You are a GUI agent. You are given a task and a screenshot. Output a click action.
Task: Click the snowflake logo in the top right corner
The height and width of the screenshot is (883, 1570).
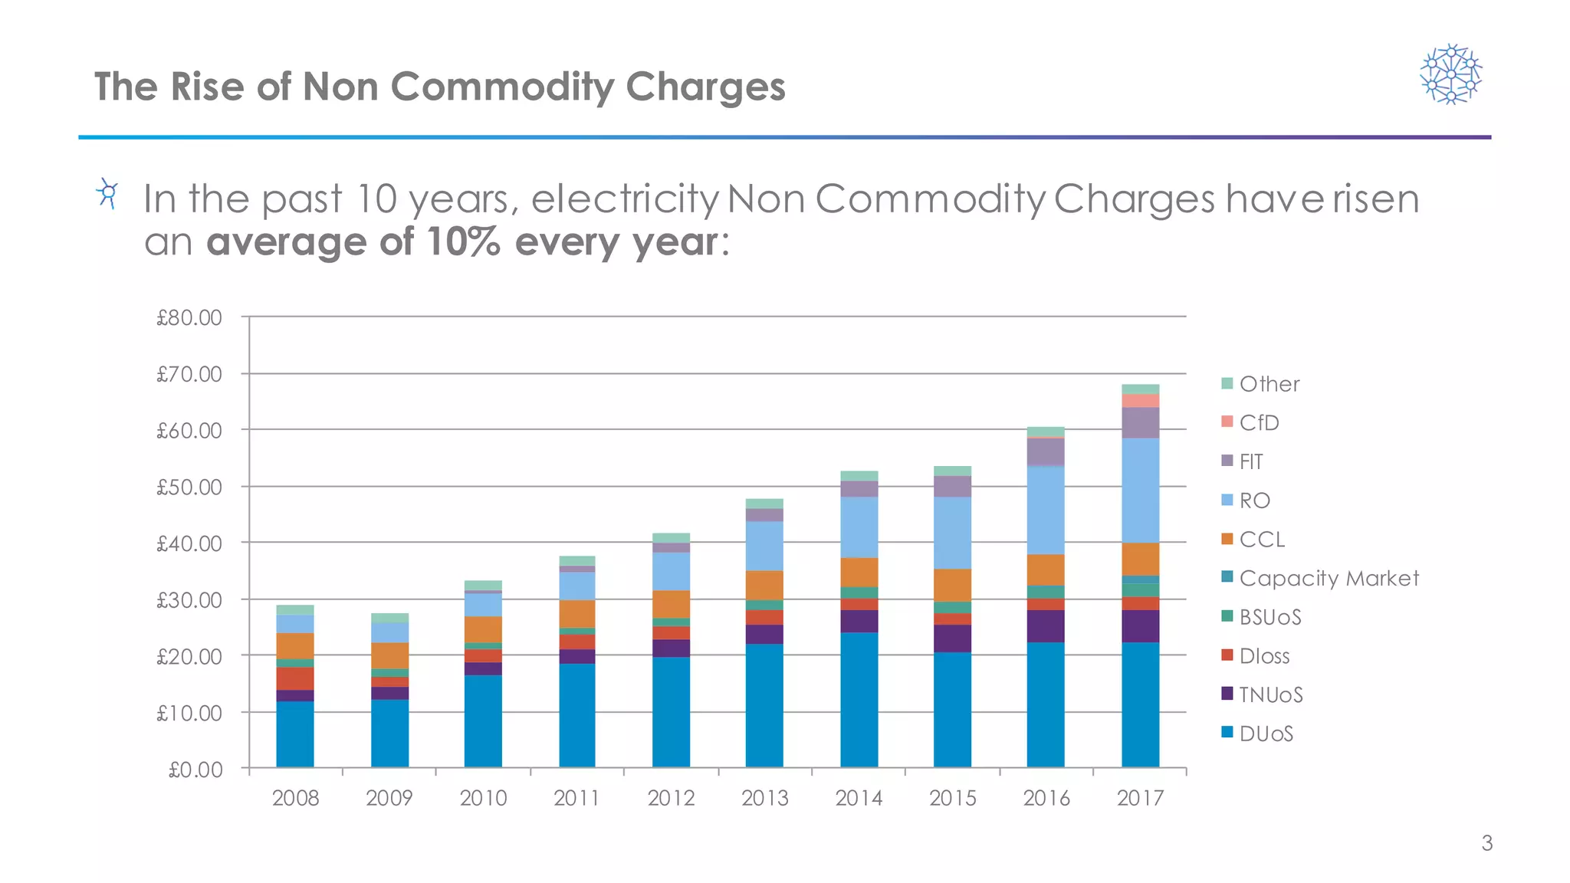pyautogui.click(x=1450, y=74)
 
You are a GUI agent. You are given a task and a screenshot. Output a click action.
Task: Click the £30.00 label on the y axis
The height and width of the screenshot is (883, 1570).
pyautogui.click(x=189, y=600)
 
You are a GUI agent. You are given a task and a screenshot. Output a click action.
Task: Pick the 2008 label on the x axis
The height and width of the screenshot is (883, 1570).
pyautogui.click(x=295, y=798)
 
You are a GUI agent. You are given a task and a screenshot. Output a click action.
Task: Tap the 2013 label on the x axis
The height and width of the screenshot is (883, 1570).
pyautogui.click(x=764, y=798)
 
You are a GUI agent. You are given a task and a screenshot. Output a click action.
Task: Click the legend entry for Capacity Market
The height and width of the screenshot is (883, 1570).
pyautogui.click(x=1328, y=578)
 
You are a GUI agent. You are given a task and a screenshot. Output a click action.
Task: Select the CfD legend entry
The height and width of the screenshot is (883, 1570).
pyautogui.click(x=1258, y=422)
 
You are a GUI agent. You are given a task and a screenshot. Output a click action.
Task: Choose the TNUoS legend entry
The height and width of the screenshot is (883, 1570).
pyautogui.click(x=1269, y=694)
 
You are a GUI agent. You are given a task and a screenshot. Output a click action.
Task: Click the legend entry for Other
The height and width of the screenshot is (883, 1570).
pyautogui.click(x=1269, y=384)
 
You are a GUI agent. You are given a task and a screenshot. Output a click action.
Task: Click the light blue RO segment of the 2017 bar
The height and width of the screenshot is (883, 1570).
pyautogui.click(x=1140, y=491)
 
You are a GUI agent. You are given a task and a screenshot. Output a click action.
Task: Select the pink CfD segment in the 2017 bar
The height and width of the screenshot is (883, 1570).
pyautogui.click(x=1140, y=401)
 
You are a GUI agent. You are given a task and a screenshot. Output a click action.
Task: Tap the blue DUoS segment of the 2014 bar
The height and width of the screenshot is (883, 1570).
pyautogui.click(x=859, y=699)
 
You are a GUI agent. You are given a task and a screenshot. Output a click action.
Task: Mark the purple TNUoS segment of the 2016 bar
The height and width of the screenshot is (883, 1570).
pyautogui.click(x=1046, y=626)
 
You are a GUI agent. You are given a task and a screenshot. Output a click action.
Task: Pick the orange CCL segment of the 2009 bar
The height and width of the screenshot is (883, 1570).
pyautogui.click(x=389, y=655)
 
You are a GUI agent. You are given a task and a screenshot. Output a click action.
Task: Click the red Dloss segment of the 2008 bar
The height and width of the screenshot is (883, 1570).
pyautogui.click(x=295, y=678)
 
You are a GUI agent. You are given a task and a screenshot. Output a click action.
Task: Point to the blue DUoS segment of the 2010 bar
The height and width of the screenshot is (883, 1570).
pyautogui.click(x=483, y=721)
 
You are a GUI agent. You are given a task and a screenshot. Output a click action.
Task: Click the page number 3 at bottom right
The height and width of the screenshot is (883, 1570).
pyautogui.click(x=1486, y=843)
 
